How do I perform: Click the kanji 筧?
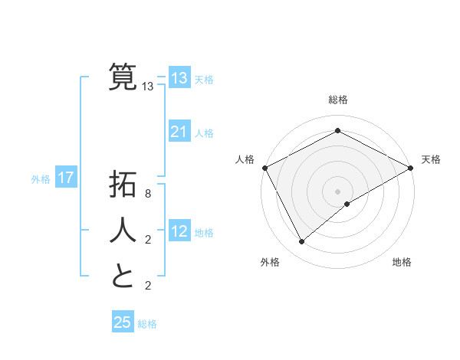[x=123, y=77]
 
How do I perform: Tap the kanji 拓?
[x=123, y=185]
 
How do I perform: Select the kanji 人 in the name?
[x=123, y=229]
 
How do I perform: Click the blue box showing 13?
[x=179, y=77]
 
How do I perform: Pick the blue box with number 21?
[x=179, y=132]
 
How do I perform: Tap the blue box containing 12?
[x=179, y=231]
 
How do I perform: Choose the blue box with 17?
[x=66, y=178]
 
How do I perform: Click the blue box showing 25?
[x=123, y=322]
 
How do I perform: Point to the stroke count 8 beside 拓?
[x=148, y=195]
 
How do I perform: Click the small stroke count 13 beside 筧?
[x=148, y=87]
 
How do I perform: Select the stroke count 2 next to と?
[x=148, y=286]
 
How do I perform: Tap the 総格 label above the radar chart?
[x=337, y=100]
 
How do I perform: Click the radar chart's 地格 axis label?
[x=402, y=263]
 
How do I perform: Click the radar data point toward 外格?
[x=302, y=242]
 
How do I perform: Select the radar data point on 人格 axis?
[x=264, y=168]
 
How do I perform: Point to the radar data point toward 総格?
[x=337, y=131]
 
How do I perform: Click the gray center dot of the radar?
[x=337, y=191]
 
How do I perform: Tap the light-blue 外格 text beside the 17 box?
[x=41, y=179]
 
